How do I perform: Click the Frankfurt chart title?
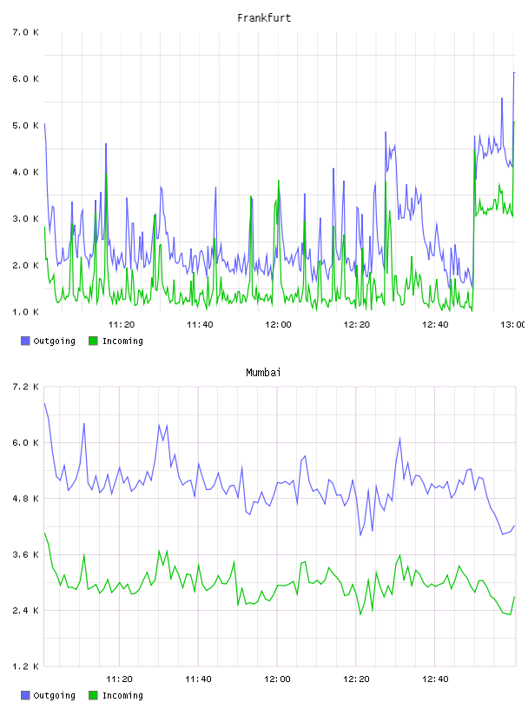pos(264,18)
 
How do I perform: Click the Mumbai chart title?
pos(263,373)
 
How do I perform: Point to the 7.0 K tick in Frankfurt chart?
pos(26,32)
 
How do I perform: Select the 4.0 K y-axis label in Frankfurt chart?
pos(26,172)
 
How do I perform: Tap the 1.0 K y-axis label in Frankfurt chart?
pos(26,312)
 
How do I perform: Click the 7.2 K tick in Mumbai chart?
pos(26,387)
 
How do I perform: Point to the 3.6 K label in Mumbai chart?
pos(26,554)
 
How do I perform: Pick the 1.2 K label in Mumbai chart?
pos(26,666)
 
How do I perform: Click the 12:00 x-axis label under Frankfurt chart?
pos(278,324)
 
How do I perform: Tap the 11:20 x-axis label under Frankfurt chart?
pos(122,324)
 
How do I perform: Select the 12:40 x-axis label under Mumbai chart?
pos(435,679)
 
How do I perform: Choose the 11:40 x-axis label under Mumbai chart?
pos(198,679)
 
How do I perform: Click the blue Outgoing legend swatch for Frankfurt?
pos(25,341)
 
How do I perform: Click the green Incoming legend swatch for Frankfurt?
pos(93,341)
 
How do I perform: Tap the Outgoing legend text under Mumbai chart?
pos(54,695)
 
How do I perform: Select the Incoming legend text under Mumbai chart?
pos(122,695)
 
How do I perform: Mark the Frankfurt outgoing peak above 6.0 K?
pos(514,72)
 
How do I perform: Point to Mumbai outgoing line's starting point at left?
pos(44,403)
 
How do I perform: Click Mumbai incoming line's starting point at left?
pos(44,533)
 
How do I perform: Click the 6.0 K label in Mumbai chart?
pos(26,442)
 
